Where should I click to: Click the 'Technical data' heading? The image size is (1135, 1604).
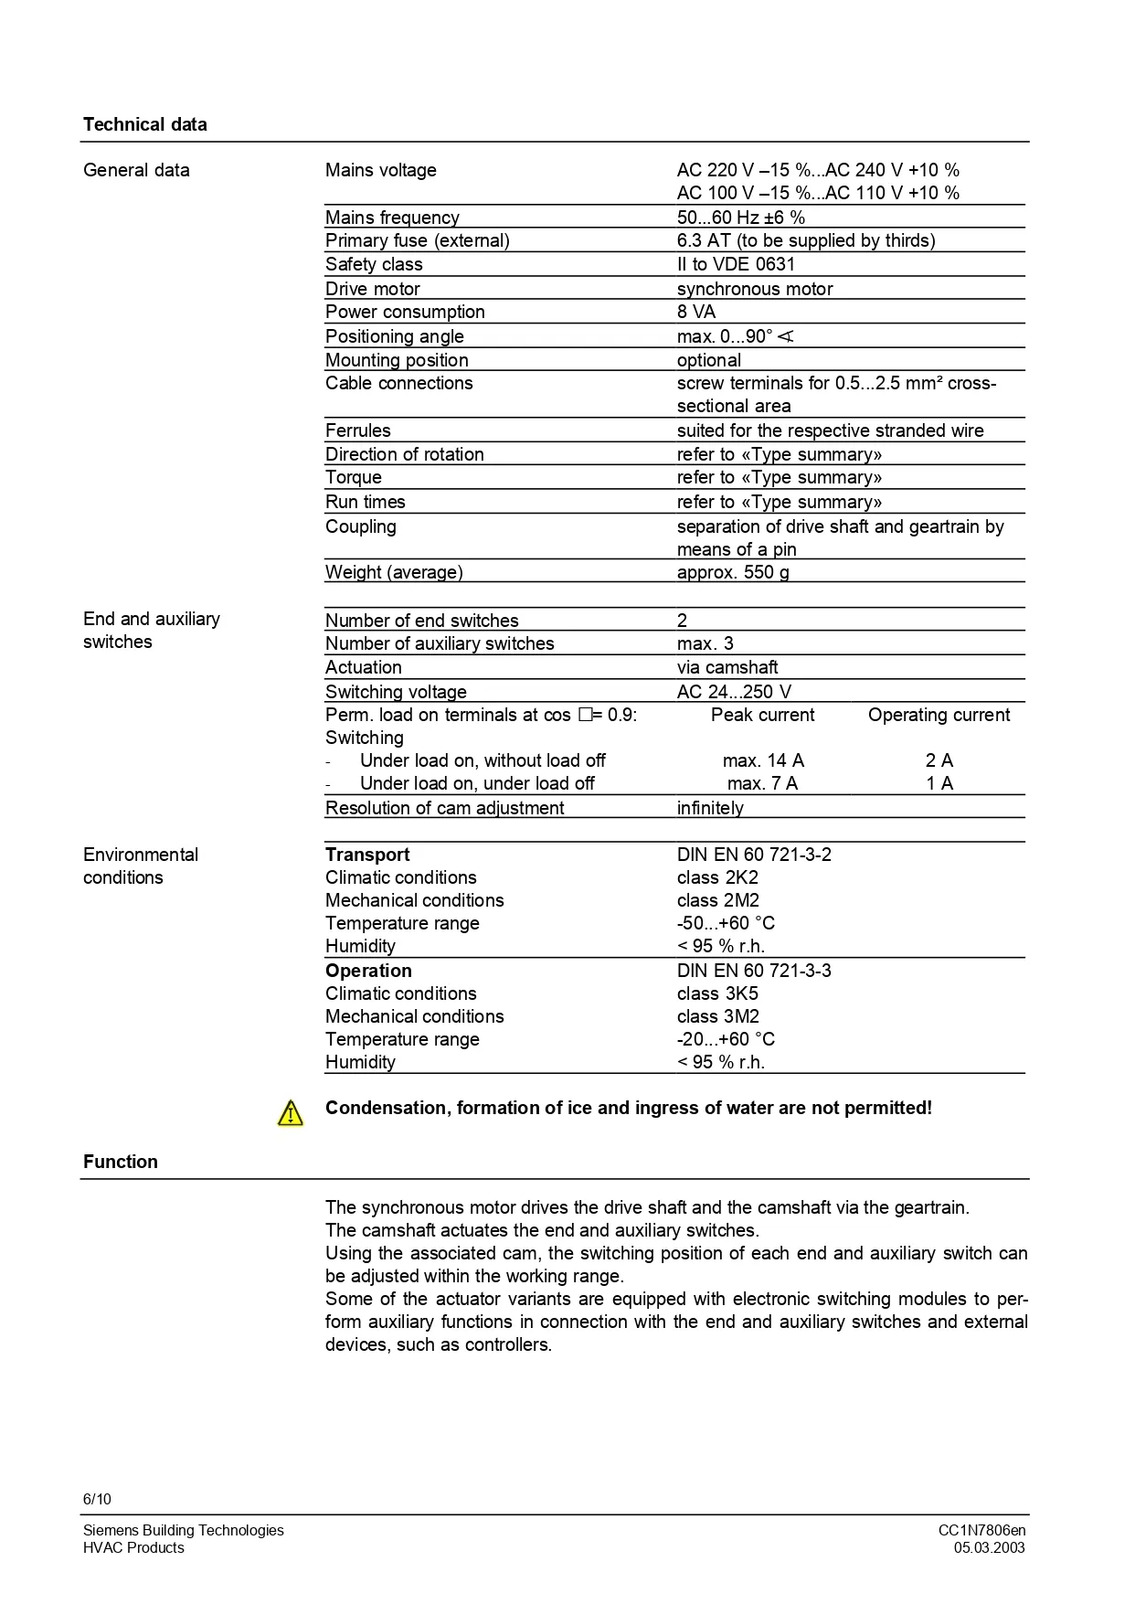[144, 124]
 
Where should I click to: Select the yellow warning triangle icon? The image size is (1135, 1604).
[290, 1112]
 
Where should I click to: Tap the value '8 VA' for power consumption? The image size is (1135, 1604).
[696, 312]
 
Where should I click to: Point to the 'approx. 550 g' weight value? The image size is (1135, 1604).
[733, 572]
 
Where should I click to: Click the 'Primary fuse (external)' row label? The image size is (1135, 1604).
[417, 240]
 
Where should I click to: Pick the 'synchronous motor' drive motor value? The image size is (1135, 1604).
[754, 289]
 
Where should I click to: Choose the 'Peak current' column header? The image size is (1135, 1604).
[762, 715]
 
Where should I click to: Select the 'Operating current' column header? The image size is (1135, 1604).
[939, 715]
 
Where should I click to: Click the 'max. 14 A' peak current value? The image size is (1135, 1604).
[762, 760]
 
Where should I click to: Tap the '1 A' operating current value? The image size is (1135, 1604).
[939, 783]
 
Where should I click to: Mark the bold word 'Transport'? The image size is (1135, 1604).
[367, 855]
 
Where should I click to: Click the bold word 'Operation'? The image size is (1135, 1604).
[368, 971]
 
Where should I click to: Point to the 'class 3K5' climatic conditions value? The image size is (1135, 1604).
[717, 993]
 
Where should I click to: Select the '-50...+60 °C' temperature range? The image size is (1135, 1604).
[726, 923]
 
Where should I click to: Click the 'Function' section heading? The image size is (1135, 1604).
[120, 1162]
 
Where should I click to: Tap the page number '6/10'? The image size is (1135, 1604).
[97, 1499]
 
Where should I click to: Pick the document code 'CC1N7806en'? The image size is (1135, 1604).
[981, 1530]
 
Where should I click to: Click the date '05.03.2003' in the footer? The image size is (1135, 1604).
[989, 1547]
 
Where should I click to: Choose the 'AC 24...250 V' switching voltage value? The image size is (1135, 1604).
[734, 692]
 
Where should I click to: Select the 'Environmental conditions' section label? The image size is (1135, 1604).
[140, 866]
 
